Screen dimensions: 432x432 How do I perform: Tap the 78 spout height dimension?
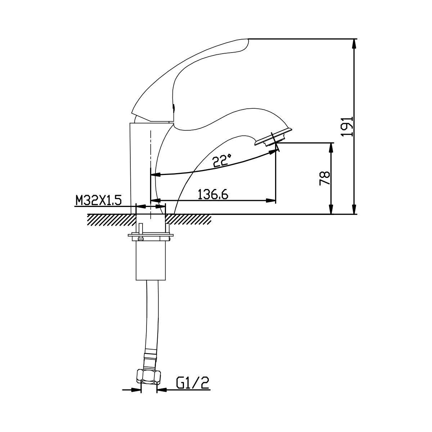(325, 178)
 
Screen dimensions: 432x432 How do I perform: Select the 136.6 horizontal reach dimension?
(213, 194)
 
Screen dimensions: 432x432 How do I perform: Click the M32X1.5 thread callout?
(98, 200)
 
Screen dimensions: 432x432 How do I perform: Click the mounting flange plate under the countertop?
(150, 235)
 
